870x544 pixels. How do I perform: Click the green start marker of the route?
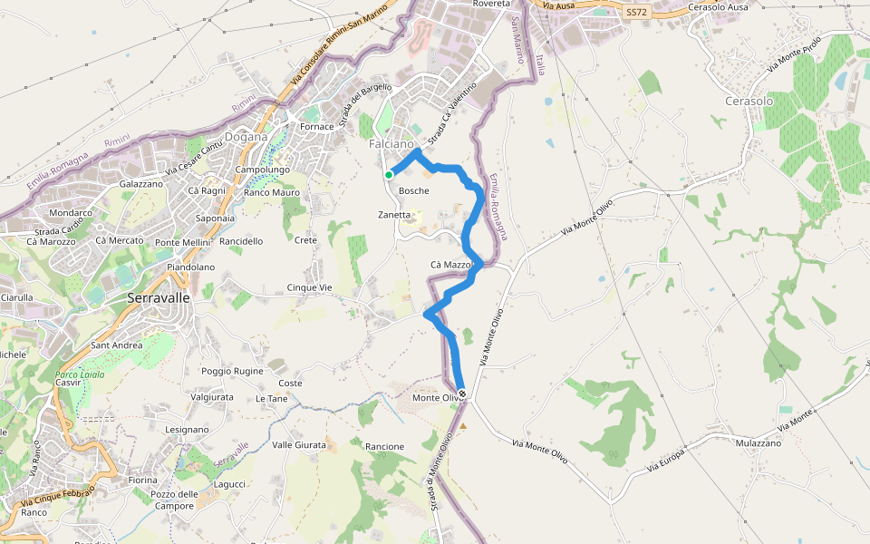[x=388, y=175]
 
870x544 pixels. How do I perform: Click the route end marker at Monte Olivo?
[x=463, y=394]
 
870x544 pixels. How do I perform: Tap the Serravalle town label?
[x=159, y=297]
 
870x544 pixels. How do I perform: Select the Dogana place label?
[x=246, y=137]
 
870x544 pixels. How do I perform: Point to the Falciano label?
[x=391, y=144]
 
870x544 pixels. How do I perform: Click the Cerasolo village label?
[x=749, y=101]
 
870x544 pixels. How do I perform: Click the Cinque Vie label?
[x=310, y=287]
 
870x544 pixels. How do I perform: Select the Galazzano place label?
[x=140, y=183]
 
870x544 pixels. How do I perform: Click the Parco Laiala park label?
[x=81, y=374]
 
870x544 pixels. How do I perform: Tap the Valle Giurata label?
[x=299, y=444]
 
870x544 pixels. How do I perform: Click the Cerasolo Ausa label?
[x=719, y=7]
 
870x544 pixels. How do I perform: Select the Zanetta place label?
[x=394, y=215]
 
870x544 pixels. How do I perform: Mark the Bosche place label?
[x=414, y=190]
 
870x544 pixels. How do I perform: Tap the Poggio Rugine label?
[x=233, y=371]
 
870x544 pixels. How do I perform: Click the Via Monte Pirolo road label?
[x=794, y=54]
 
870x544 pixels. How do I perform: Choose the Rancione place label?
[x=384, y=447]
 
